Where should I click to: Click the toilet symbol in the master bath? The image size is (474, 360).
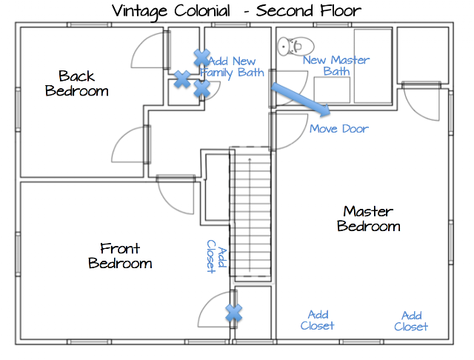point(296,46)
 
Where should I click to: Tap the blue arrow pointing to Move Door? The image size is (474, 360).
point(301,99)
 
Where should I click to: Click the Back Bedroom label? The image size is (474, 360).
point(77,84)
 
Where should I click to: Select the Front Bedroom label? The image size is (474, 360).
point(120,256)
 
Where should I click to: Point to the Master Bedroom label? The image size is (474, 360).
point(369,219)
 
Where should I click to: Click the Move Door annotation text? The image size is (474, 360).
point(339,129)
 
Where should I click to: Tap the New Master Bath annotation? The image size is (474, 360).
point(336,66)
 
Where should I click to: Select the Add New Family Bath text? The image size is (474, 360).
point(232,67)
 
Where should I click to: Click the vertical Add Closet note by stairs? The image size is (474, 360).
point(216,256)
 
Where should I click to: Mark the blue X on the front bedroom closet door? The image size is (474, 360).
point(234,313)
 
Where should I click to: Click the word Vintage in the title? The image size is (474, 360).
point(139,12)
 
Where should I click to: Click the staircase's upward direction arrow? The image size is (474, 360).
point(250,215)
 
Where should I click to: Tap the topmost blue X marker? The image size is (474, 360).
point(202,58)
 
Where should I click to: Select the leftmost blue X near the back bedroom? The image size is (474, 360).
point(182,79)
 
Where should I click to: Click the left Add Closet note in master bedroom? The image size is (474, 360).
point(318,321)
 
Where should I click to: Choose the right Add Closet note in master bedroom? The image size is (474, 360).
point(411,321)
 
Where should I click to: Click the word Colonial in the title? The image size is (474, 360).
point(202,10)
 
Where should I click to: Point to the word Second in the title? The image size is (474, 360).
point(284,10)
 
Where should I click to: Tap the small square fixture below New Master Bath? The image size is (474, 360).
point(332,90)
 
